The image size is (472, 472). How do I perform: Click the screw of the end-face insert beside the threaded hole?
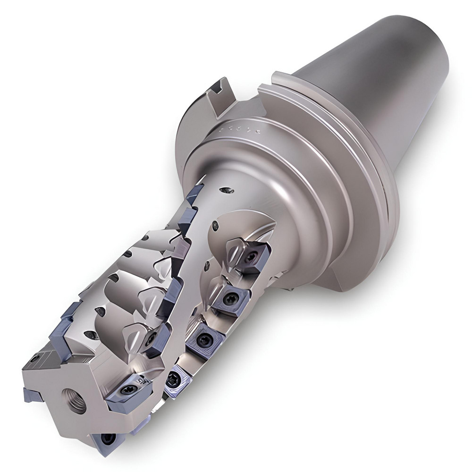point(127,390)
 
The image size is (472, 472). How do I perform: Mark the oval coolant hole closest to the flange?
point(227,190)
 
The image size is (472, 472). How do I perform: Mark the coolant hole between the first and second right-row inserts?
point(207,267)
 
